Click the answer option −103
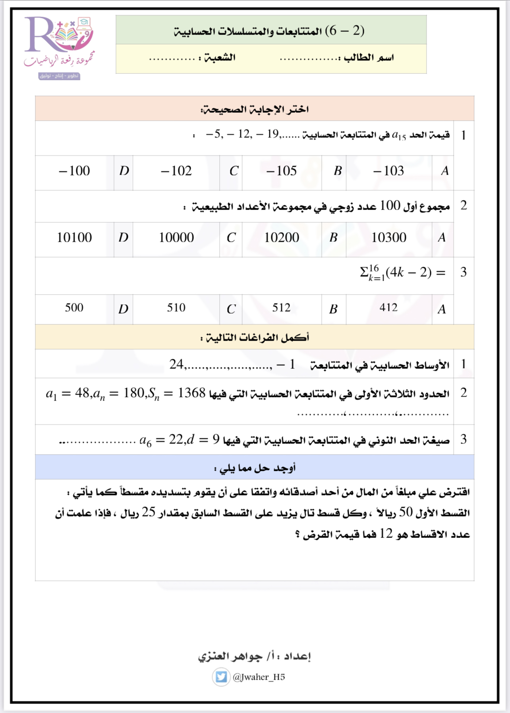click(388, 171)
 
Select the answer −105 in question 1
click(282, 171)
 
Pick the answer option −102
click(176, 171)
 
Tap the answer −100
click(74, 171)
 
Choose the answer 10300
click(388, 237)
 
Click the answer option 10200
click(282, 237)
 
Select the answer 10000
click(176, 237)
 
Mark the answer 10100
click(74, 237)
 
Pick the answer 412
click(388, 308)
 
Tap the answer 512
click(281, 308)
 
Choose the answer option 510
click(176, 308)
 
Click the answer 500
click(74, 308)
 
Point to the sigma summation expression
click(402, 273)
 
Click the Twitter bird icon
click(221, 677)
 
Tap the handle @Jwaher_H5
click(259, 677)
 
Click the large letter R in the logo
click(40, 35)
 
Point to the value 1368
click(191, 393)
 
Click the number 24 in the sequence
click(176, 364)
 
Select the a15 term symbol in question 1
click(399, 136)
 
